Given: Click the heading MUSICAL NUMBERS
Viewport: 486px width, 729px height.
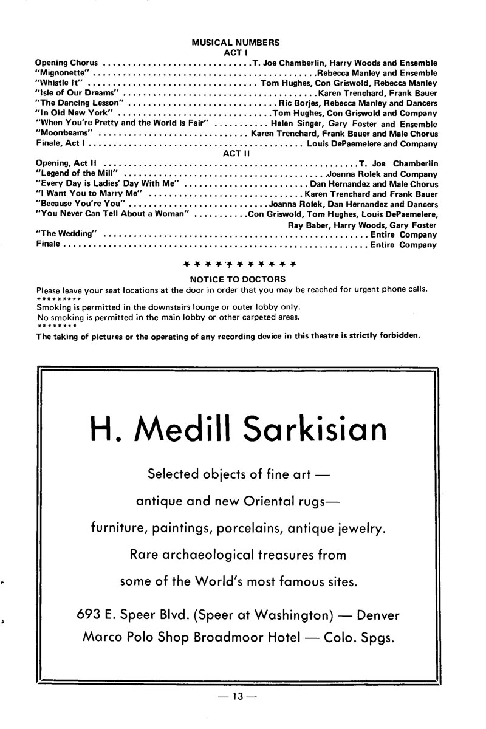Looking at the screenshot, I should point(236,43).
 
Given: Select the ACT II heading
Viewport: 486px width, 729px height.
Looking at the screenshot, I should point(236,154).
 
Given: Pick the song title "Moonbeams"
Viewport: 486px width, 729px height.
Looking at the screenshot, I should point(64,134).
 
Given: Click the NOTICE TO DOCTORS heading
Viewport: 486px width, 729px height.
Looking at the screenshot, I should point(238,279).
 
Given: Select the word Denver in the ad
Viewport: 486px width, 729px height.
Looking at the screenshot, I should point(378,615).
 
